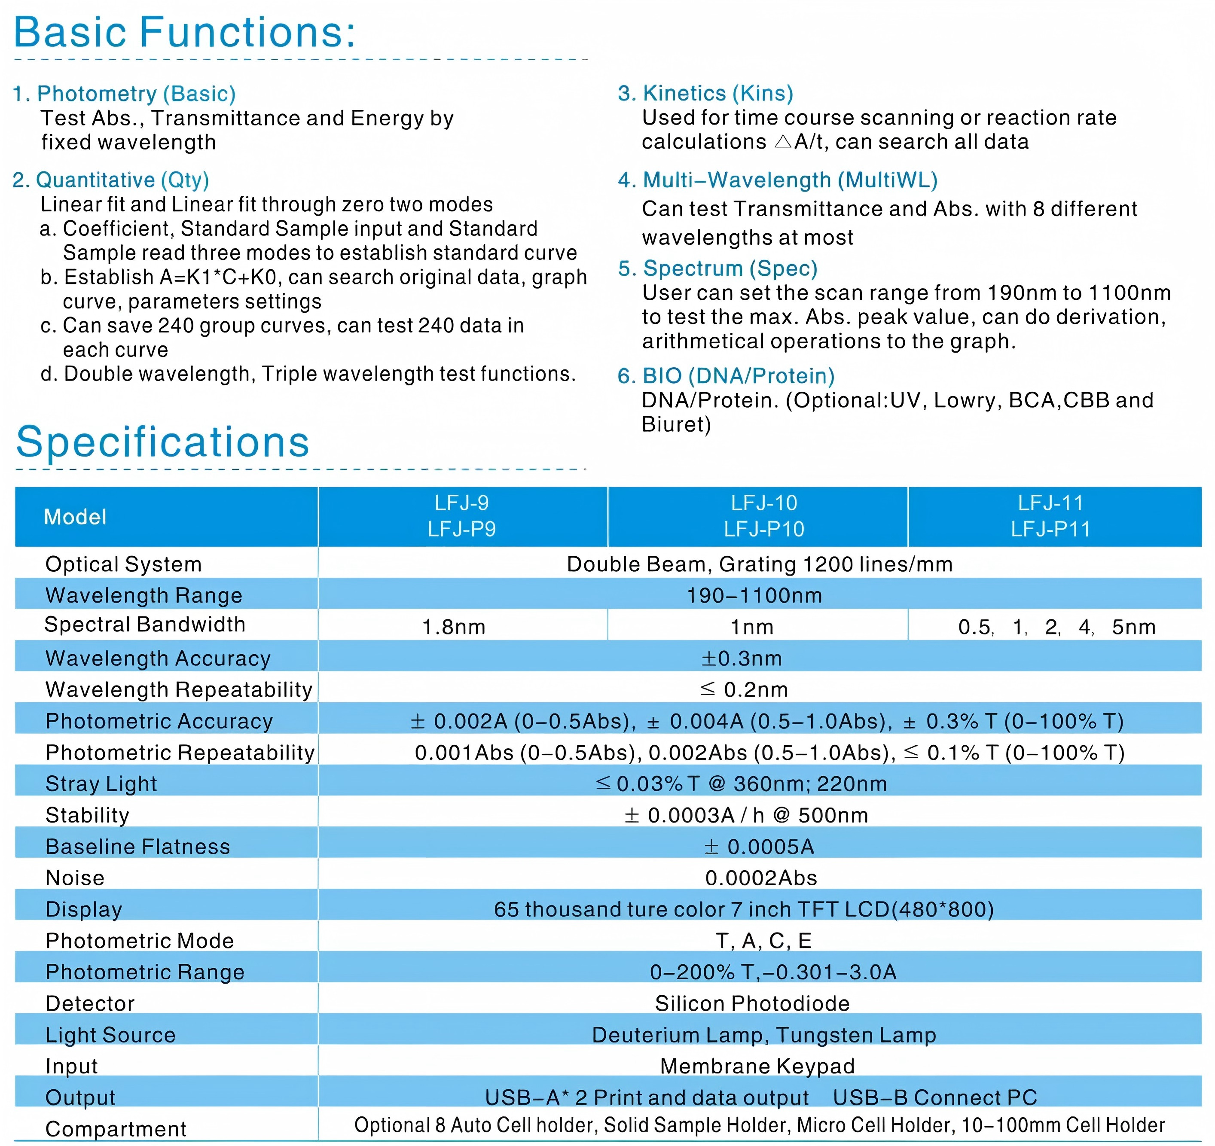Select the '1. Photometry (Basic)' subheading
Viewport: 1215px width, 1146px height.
click(x=124, y=94)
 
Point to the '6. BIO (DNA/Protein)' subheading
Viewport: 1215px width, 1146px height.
click(x=726, y=376)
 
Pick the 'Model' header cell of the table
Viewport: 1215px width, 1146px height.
click(x=75, y=517)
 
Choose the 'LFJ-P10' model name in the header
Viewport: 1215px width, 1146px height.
click(x=764, y=529)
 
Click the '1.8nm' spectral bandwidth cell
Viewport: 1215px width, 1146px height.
click(x=454, y=627)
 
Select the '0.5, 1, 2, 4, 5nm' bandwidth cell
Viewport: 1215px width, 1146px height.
click(x=1056, y=627)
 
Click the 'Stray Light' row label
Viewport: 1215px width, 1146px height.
click(x=101, y=784)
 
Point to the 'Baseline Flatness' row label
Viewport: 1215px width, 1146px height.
click(x=137, y=847)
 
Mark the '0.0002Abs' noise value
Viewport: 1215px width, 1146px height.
click(x=761, y=878)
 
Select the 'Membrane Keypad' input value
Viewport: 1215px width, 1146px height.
click(x=757, y=1066)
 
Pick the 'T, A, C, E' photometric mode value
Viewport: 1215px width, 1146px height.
click(x=763, y=941)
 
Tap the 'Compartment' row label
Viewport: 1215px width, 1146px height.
click(x=116, y=1129)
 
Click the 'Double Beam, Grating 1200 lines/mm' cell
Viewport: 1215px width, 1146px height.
click(x=759, y=564)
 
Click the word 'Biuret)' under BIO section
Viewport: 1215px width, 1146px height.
click(x=676, y=424)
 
